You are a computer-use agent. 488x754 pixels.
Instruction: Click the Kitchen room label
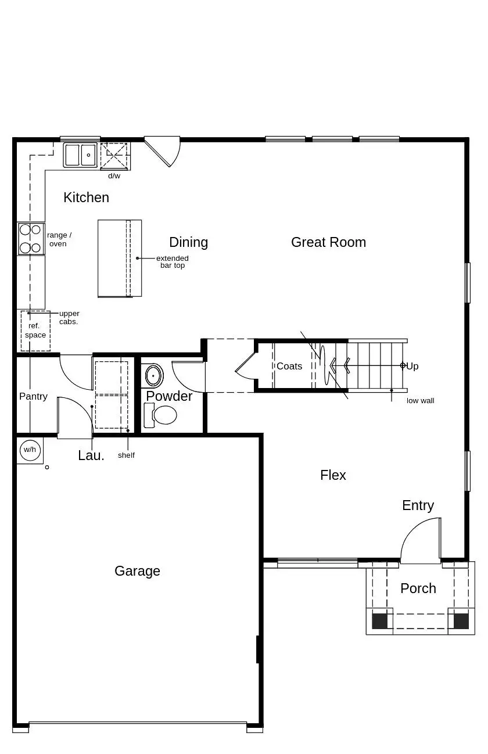point(86,198)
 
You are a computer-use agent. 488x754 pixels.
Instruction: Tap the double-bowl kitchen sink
point(80,155)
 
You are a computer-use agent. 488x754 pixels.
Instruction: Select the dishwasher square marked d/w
point(114,155)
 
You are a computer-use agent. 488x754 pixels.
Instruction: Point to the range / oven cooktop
point(31,239)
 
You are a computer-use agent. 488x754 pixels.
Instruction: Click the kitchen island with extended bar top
point(120,258)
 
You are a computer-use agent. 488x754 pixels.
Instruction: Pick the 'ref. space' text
point(35,330)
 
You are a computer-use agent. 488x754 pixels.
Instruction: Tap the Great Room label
point(328,242)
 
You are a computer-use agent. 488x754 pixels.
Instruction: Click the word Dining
point(188,242)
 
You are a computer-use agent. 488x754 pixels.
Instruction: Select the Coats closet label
point(289,366)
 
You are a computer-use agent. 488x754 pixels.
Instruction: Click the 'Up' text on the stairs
point(412,366)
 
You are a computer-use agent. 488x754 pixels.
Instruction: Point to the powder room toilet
point(160,415)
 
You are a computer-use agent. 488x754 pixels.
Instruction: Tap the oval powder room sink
point(154,375)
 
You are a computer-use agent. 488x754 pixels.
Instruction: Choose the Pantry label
point(33,397)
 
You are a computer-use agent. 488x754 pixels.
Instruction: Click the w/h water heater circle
point(30,450)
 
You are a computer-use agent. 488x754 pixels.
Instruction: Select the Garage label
point(137,571)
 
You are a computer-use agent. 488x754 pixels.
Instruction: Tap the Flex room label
point(333,475)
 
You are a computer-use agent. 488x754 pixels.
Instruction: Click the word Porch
point(418,588)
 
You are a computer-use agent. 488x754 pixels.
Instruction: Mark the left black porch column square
point(379,622)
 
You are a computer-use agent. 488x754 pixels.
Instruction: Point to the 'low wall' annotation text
point(421,401)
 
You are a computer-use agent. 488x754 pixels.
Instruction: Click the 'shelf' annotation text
point(126,455)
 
